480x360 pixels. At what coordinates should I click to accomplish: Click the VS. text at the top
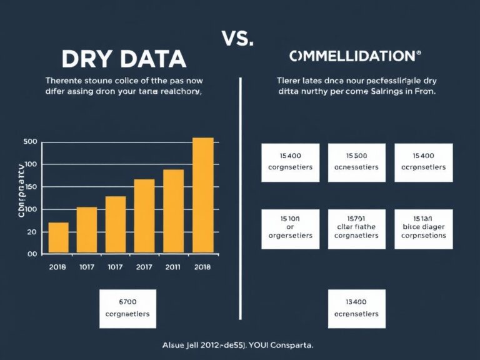pos(237,38)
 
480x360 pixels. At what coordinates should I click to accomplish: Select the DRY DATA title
pos(124,59)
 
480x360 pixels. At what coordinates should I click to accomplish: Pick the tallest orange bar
pos(202,194)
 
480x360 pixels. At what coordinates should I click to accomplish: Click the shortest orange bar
pos(58,237)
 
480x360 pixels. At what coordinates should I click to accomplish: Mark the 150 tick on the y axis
pos(31,187)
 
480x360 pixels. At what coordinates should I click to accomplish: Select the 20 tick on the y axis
pos(31,232)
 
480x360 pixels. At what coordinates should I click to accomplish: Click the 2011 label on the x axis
pos(174,267)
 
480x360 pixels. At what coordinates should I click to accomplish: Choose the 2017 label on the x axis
pos(144,267)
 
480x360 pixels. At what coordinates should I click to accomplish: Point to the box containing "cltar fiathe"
pos(356,227)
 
